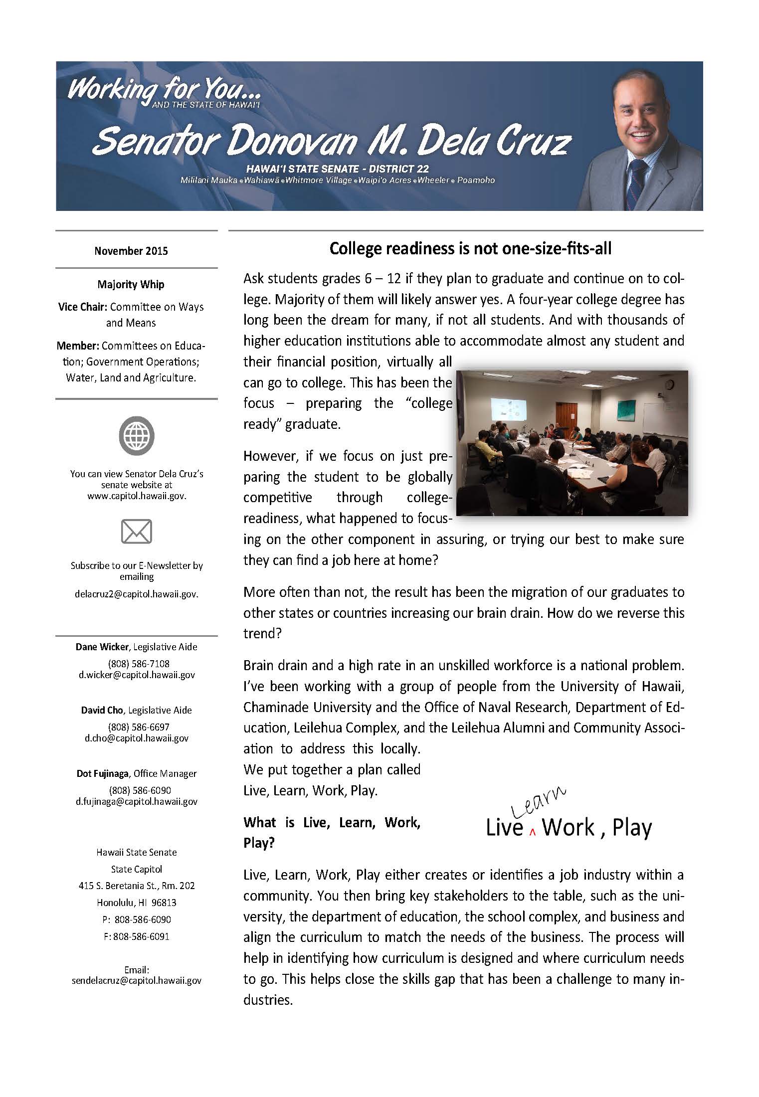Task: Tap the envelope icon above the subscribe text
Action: (137, 531)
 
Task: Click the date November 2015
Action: (131, 251)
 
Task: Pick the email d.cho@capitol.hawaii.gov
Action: (137, 738)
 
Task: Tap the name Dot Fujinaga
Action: (103, 773)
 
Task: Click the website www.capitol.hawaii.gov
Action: (137, 496)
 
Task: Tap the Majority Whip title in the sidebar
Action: (131, 284)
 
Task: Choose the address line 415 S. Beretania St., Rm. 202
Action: (137, 886)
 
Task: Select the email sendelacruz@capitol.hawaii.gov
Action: (137, 980)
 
